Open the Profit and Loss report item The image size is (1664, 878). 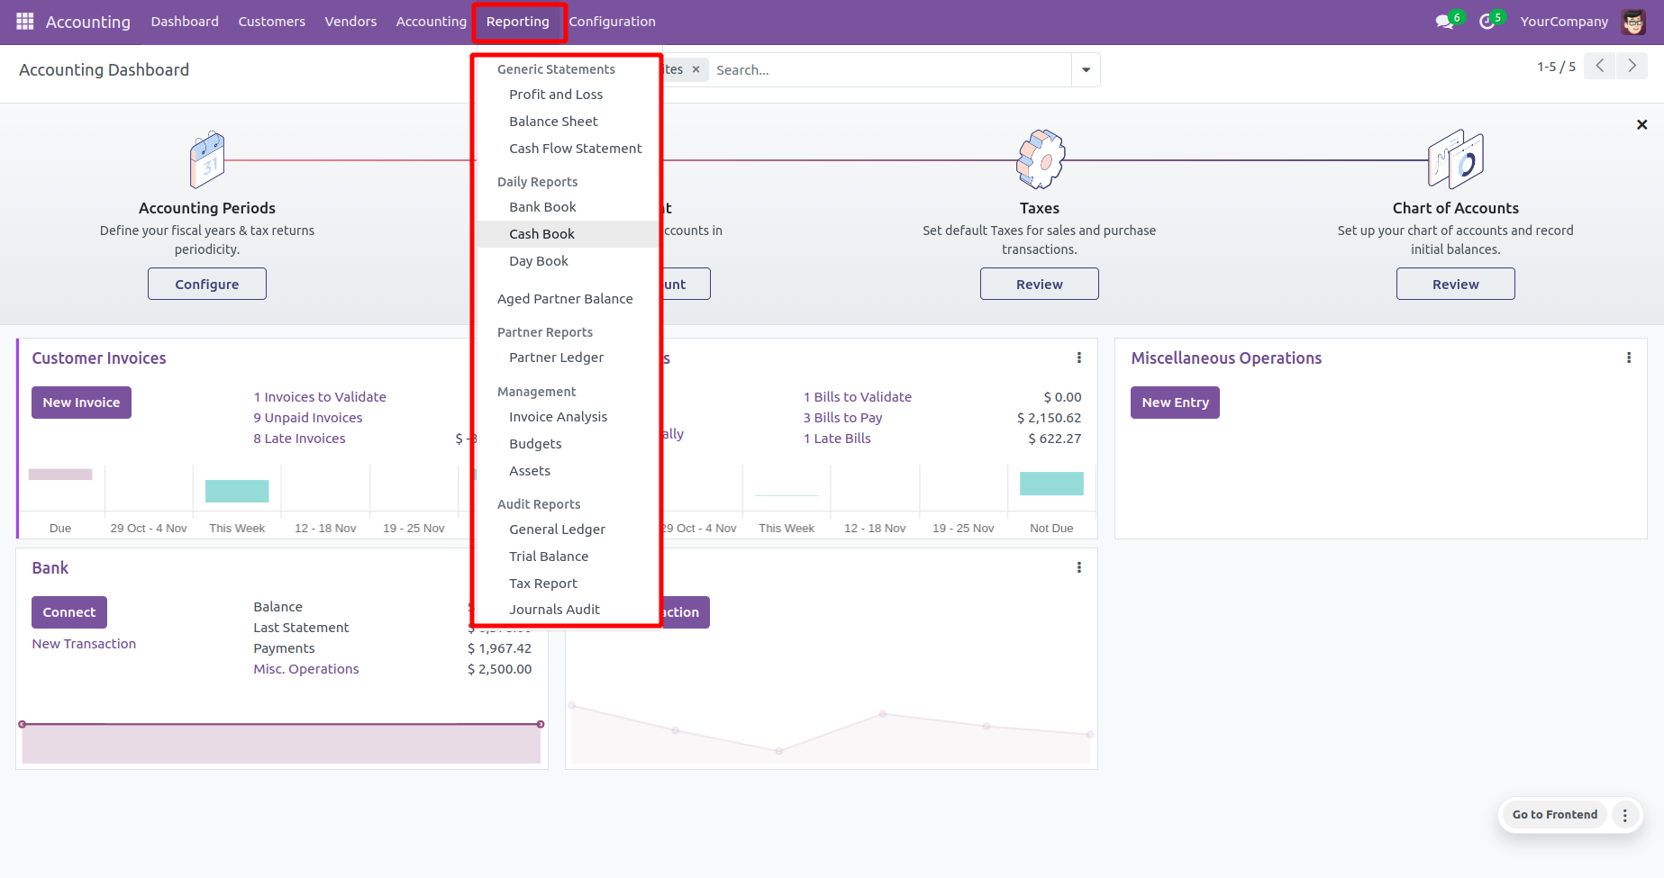click(x=556, y=95)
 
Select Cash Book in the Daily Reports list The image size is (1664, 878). click(x=541, y=234)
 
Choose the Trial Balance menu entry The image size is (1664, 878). click(x=549, y=557)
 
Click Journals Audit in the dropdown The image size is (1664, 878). click(x=554, y=610)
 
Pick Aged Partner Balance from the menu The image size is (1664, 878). click(x=565, y=299)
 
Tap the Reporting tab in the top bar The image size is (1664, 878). click(x=518, y=22)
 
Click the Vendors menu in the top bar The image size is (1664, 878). click(x=350, y=22)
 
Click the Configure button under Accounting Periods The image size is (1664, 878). click(x=207, y=285)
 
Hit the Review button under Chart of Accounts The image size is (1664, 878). click(x=1455, y=285)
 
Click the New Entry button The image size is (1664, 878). click(x=1175, y=403)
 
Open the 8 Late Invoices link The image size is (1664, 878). click(x=299, y=439)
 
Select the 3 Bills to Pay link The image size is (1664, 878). click(x=842, y=418)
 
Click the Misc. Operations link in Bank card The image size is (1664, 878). click(x=306, y=669)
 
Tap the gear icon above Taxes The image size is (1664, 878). click(x=1040, y=160)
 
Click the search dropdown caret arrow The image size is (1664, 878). click(x=1086, y=70)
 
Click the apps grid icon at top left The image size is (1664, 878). click(x=25, y=22)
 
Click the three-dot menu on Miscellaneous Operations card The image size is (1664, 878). click(x=1628, y=358)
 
